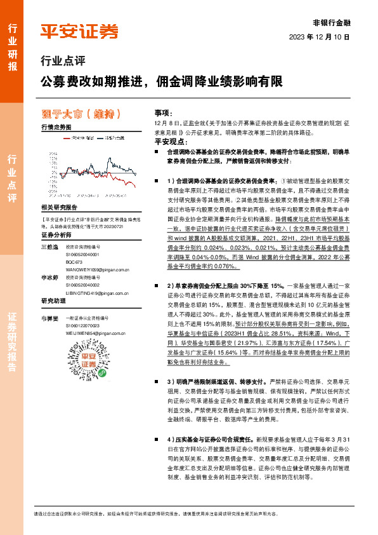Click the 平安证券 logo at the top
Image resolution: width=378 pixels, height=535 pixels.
[x=79, y=30]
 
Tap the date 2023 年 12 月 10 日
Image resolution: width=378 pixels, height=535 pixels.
[x=323, y=37]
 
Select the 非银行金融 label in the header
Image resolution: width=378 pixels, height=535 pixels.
[x=332, y=21]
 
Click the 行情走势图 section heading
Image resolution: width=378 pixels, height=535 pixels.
[x=56, y=127]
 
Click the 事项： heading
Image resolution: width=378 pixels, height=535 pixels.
[x=163, y=111]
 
